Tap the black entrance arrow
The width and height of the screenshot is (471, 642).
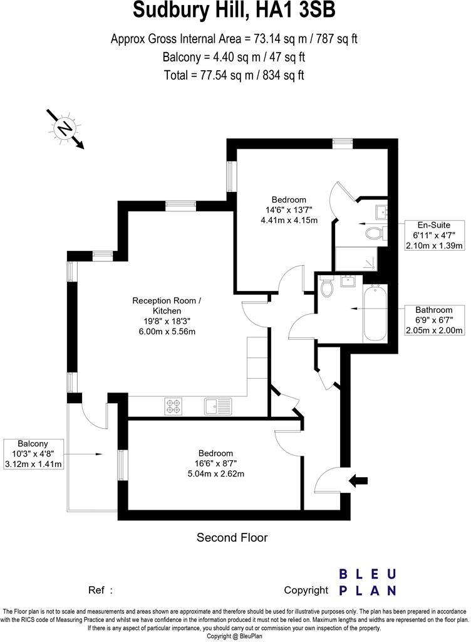pyautogui.click(x=358, y=481)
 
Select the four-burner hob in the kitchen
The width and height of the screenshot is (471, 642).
pyautogui.click(x=173, y=406)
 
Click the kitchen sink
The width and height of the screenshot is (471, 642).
pyautogui.click(x=213, y=406)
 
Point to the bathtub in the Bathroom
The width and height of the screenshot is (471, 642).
pyautogui.click(x=374, y=312)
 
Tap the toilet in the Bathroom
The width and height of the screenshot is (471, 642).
pyautogui.click(x=326, y=288)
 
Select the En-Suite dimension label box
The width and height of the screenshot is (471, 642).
pyautogui.click(x=435, y=235)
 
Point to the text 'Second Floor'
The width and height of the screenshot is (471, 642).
pyautogui.click(x=232, y=537)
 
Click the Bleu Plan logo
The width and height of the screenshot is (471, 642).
pyautogui.click(x=367, y=582)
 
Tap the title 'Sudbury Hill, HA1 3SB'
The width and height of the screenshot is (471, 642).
pyautogui.click(x=235, y=11)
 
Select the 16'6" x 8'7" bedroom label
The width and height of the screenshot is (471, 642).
pyautogui.click(x=215, y=463)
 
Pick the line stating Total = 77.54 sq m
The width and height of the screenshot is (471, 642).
pyautogui.click(x=234, y=75)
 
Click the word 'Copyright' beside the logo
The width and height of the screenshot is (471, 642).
pyautogui.click(x=306, y=590)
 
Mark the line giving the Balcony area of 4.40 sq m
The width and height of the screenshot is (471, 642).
pyautogui.click(x=234, y=57)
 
